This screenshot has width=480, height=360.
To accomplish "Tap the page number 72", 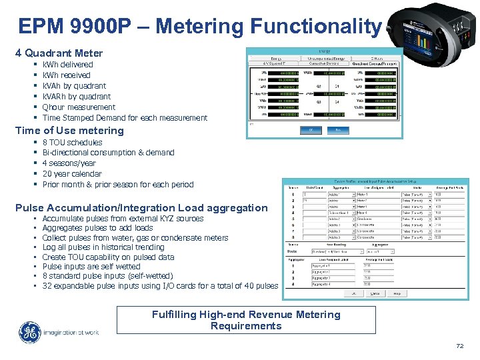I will tap(459, 346).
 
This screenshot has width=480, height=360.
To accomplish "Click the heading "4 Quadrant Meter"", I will tap(59, 53).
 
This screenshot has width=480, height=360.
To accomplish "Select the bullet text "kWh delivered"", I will tap(67, 65).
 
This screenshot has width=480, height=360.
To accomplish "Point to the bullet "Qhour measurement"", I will tap(79, 107).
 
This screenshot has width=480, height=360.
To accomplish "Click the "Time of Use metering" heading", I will tap(69, 131).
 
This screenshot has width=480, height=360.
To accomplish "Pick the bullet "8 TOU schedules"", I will tap(72, 143).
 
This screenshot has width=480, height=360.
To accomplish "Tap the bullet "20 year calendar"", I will tap(72, 174).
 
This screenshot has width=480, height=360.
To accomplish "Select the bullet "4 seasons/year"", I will tap(69, 163).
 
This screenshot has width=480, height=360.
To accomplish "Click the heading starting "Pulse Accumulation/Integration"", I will tap(141, 207).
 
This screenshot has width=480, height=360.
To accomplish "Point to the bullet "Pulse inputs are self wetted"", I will tap(91, 267).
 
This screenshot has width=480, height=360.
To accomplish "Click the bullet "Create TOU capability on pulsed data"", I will tap(108, 257).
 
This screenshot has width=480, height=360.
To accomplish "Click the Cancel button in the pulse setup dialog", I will tap(375, 293).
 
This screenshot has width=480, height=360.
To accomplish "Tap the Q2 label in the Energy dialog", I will tap(319, 86).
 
